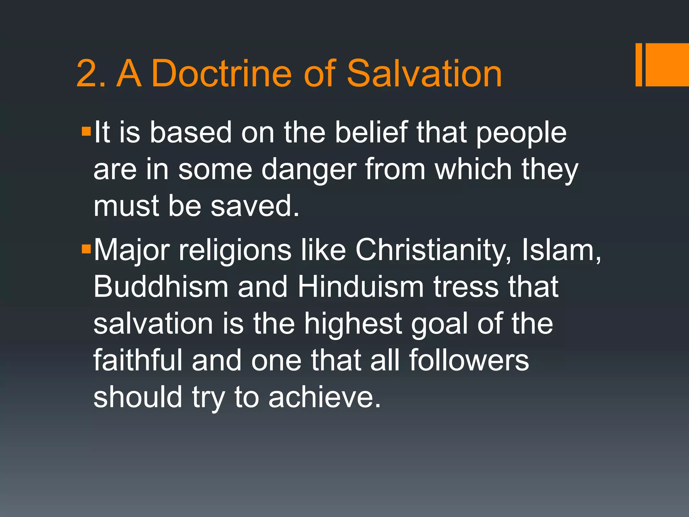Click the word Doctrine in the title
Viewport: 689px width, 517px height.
pyautogui.click(x=221, y=73)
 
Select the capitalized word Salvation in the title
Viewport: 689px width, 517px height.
pyautogui.click(x=424, y=73)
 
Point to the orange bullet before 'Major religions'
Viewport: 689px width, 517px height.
pyautogui.click(x=86, y=249)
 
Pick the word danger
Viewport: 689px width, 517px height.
pyautogui.click(x=309, y=170)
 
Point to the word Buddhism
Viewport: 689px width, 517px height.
pyautogui.click(x=161, y=287)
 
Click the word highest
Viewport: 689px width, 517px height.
pyautogui.click(x=353, y=324)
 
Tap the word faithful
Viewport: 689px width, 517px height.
pyautogui.click(x=138, y=360)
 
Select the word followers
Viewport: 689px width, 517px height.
pyautogui.click(x=469, y=360)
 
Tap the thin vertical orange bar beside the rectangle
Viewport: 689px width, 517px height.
pyautogui.click(x=639, y=65)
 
